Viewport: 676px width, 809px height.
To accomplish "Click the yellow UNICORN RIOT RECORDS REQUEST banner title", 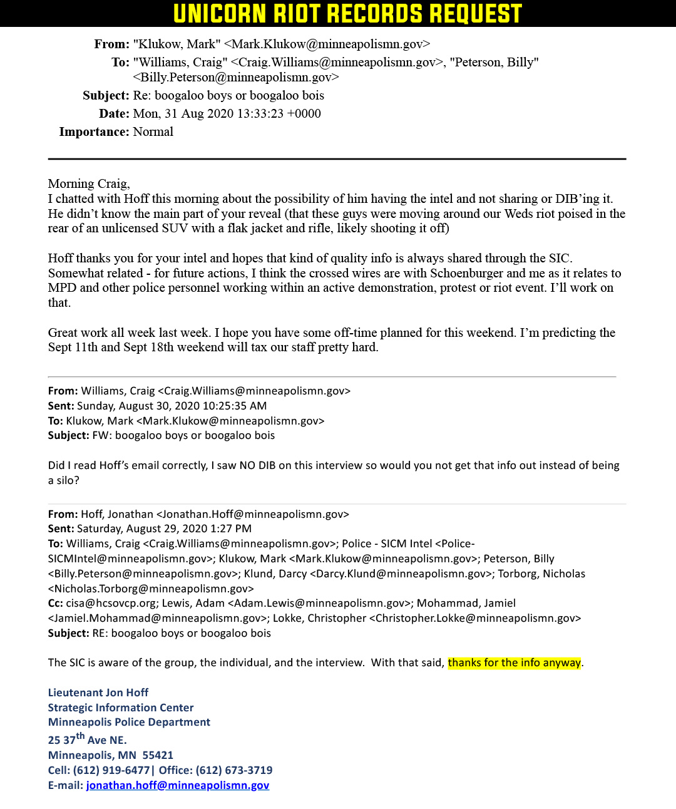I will point(347,14).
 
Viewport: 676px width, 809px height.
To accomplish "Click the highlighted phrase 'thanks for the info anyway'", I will point(514,662).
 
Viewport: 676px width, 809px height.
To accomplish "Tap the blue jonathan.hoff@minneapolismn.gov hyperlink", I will point(178,785).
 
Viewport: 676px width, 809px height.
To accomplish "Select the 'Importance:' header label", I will point(94,131).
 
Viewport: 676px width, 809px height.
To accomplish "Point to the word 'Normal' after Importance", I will point(153,131).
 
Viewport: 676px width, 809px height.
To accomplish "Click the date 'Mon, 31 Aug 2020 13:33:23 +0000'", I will point(227,113).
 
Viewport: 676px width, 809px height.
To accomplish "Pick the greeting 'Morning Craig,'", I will point(89,183).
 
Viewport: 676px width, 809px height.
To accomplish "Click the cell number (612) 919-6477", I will point(111,770).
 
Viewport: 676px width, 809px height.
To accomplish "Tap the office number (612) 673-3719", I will point(234,770).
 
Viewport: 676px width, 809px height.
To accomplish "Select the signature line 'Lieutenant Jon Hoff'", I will point(98,693).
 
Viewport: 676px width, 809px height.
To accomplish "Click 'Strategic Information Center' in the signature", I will point(121,708).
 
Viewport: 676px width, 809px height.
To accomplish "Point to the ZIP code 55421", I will point(158,755).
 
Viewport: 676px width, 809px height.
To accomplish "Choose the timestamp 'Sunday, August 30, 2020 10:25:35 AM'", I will point(172,406).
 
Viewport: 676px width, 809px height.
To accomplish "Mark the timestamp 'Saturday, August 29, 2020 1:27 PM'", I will point(164,528).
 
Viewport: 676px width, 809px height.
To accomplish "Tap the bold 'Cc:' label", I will point(55,603).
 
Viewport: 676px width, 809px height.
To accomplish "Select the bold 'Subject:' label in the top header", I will point(106,95).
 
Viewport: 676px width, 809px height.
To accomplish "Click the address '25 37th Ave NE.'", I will point(87,739).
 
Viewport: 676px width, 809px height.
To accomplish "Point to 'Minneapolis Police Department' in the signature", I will point(129,722).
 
